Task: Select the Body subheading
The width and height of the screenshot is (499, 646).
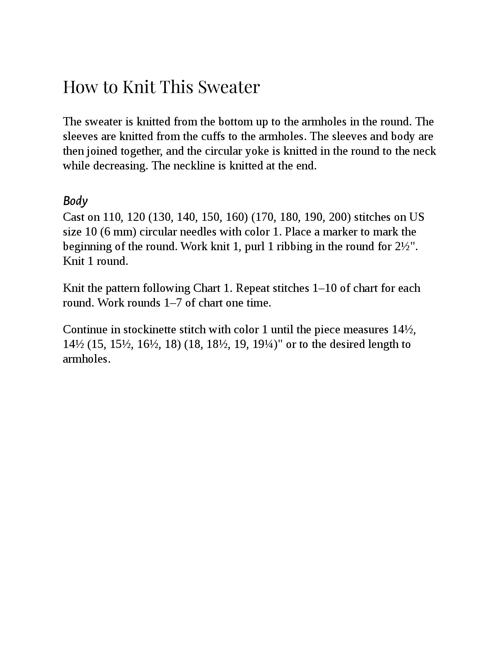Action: (75, 201)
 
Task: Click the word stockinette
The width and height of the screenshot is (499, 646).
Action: (150, 329)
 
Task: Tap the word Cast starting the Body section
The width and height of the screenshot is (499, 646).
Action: (74, 217)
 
